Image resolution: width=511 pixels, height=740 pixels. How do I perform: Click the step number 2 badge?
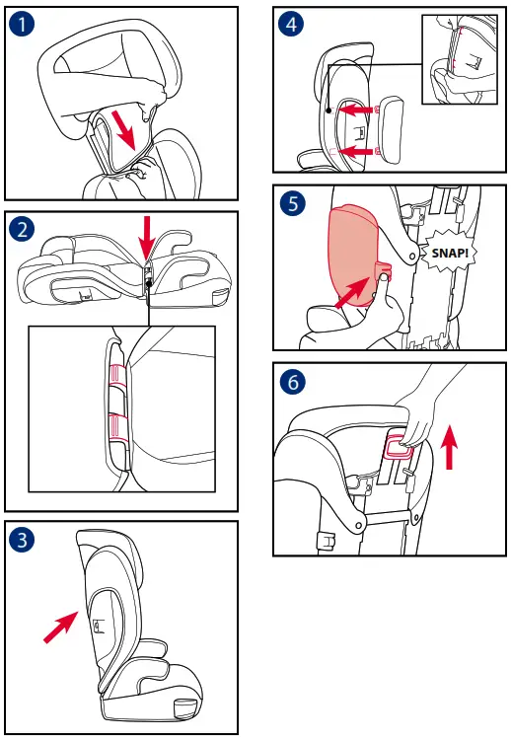22,230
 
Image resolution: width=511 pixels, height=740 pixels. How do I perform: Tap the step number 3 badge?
22,539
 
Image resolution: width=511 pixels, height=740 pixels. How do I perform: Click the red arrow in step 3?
61,626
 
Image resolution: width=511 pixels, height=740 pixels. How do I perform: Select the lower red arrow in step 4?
360,151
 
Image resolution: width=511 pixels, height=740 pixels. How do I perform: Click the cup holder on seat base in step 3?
184,706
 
